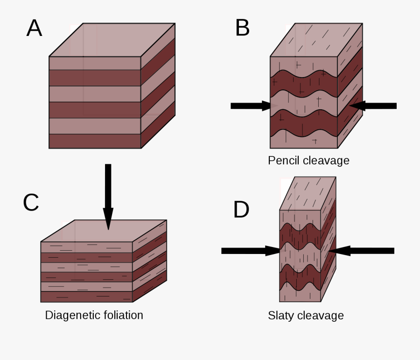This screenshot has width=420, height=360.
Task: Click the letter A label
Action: (x=34, y=28)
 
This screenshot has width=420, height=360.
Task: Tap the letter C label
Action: (x=31, y=202)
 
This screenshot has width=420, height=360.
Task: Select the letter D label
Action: (x=241, y=210)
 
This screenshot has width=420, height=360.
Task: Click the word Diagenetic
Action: (x=70, y=315)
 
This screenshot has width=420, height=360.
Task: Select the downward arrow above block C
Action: (x=108, y=196)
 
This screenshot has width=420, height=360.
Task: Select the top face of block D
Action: (x=308, y=194)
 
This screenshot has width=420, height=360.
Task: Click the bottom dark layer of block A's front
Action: (x=95, y=141)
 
